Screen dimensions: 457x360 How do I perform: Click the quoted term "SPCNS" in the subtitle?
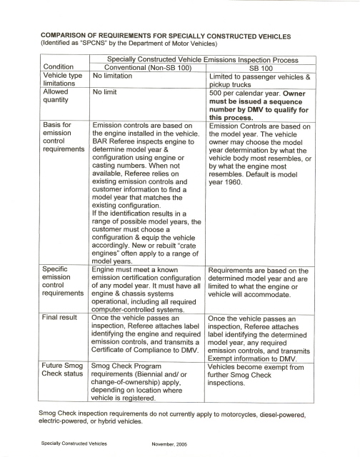(89, 42)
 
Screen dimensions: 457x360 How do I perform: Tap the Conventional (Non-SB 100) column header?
(144, 68)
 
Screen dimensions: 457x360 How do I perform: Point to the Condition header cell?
(60, 68)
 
